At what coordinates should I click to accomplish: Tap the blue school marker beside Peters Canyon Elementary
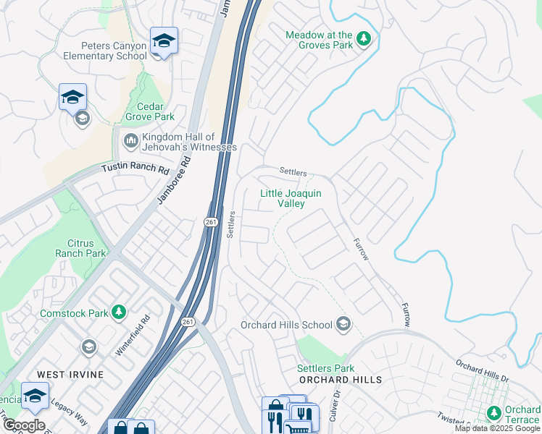click(x=164, y=42)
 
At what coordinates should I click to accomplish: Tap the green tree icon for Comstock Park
click(x=119, y=312)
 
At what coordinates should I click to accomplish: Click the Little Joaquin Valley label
click(x=290, y=199)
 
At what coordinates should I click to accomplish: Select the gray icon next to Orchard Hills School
click(x=343, y=324)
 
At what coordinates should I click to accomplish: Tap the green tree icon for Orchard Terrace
click(x=494, y=412)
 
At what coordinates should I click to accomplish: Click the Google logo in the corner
click(x=24, y=425)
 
